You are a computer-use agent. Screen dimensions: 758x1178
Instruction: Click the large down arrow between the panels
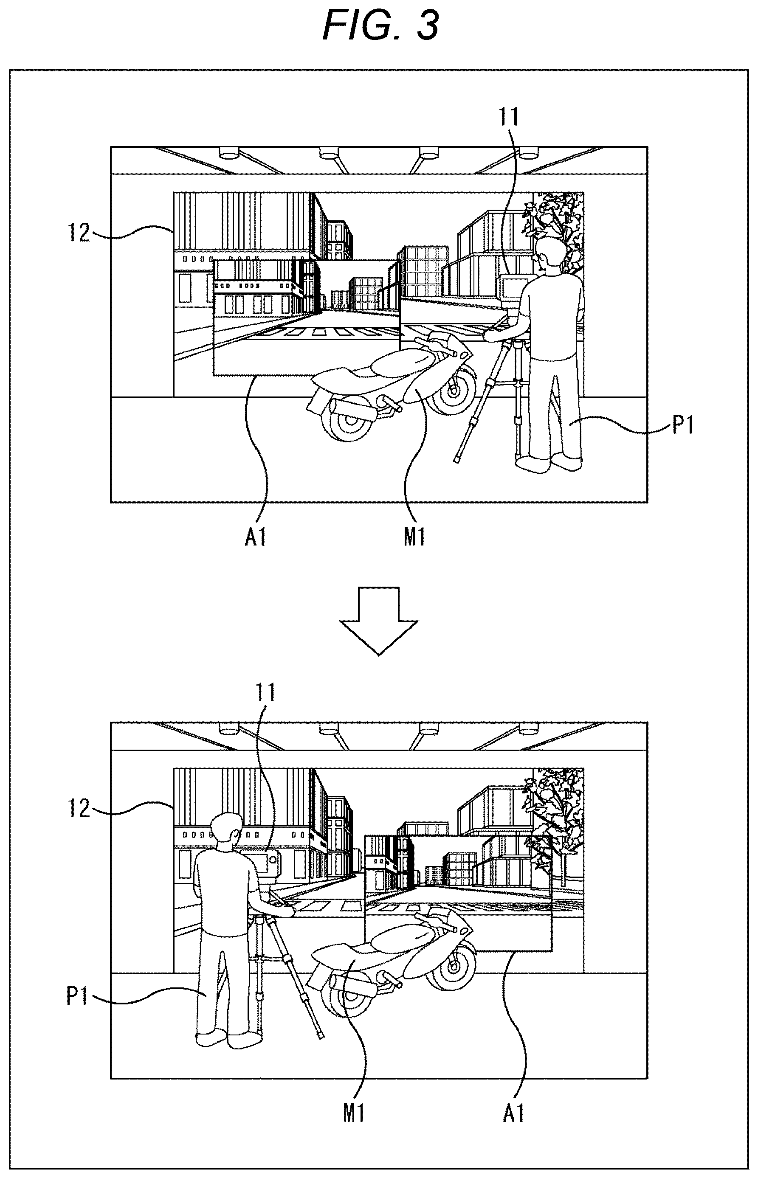[x=379, y=621]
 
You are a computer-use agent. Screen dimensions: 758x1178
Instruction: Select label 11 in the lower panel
[x=264, y=692]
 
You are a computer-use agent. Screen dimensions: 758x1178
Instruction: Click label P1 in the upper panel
[x=683, y=424]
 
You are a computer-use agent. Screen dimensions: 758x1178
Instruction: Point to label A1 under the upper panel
[x=256, y=538]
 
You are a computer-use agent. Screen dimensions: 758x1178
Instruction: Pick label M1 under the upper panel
[x=414, y=538]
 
